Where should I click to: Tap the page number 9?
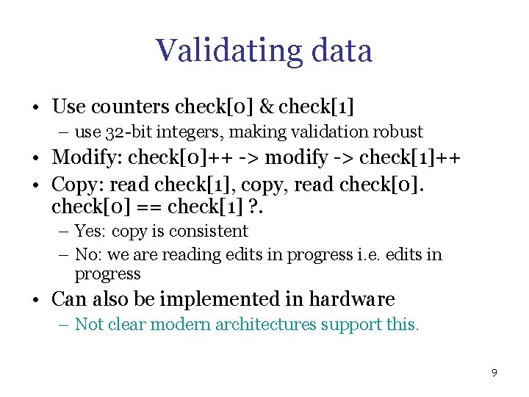click(494, 373)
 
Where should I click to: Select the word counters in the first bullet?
click(131, 107)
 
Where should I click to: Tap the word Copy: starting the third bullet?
click(78, 183)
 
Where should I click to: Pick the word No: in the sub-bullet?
click(88, 255)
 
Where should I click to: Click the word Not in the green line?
click(88, 325)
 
